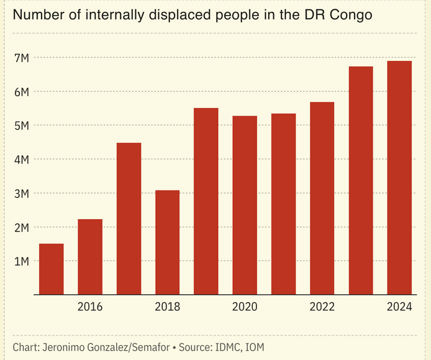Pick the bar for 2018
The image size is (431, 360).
click(167, 242)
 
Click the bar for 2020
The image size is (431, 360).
click(245, 205)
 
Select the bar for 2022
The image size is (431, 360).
click(322, 198)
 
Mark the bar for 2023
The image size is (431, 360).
click(361, 180)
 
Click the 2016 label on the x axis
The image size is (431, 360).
click(90, 307)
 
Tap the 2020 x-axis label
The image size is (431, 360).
click(245, 307)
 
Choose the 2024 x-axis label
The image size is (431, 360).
click(399, 307)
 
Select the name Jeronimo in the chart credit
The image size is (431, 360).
click(66, 346)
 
